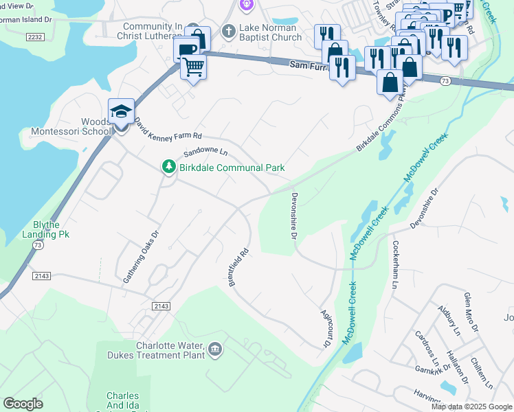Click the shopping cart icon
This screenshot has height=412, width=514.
pyautogui.click(x=194, y=67)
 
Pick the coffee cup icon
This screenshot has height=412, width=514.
pyautogui.click(x=187, y=49)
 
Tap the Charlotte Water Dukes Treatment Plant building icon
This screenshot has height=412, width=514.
pyautogui.click(x=216, y=350)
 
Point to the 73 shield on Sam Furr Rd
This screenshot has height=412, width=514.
pyautogui.click(x=446, y=81)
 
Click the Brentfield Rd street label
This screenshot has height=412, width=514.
pyautogui.click(x=238, y=267)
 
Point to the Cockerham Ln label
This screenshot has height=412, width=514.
pyautogui.click(x=395, y=264)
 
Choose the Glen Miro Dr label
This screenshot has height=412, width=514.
pyautogui.click(x=471, y=312)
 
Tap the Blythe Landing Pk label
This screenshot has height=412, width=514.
pyautogui.click(x=52, y=229)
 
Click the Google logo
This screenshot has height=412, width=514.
pyautogui.click(x=23, y=403)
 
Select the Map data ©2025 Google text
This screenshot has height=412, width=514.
pyautogui.click(x=471, y=407)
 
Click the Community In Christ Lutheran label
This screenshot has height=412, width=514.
pyautogui.click(x=149, y=32)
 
